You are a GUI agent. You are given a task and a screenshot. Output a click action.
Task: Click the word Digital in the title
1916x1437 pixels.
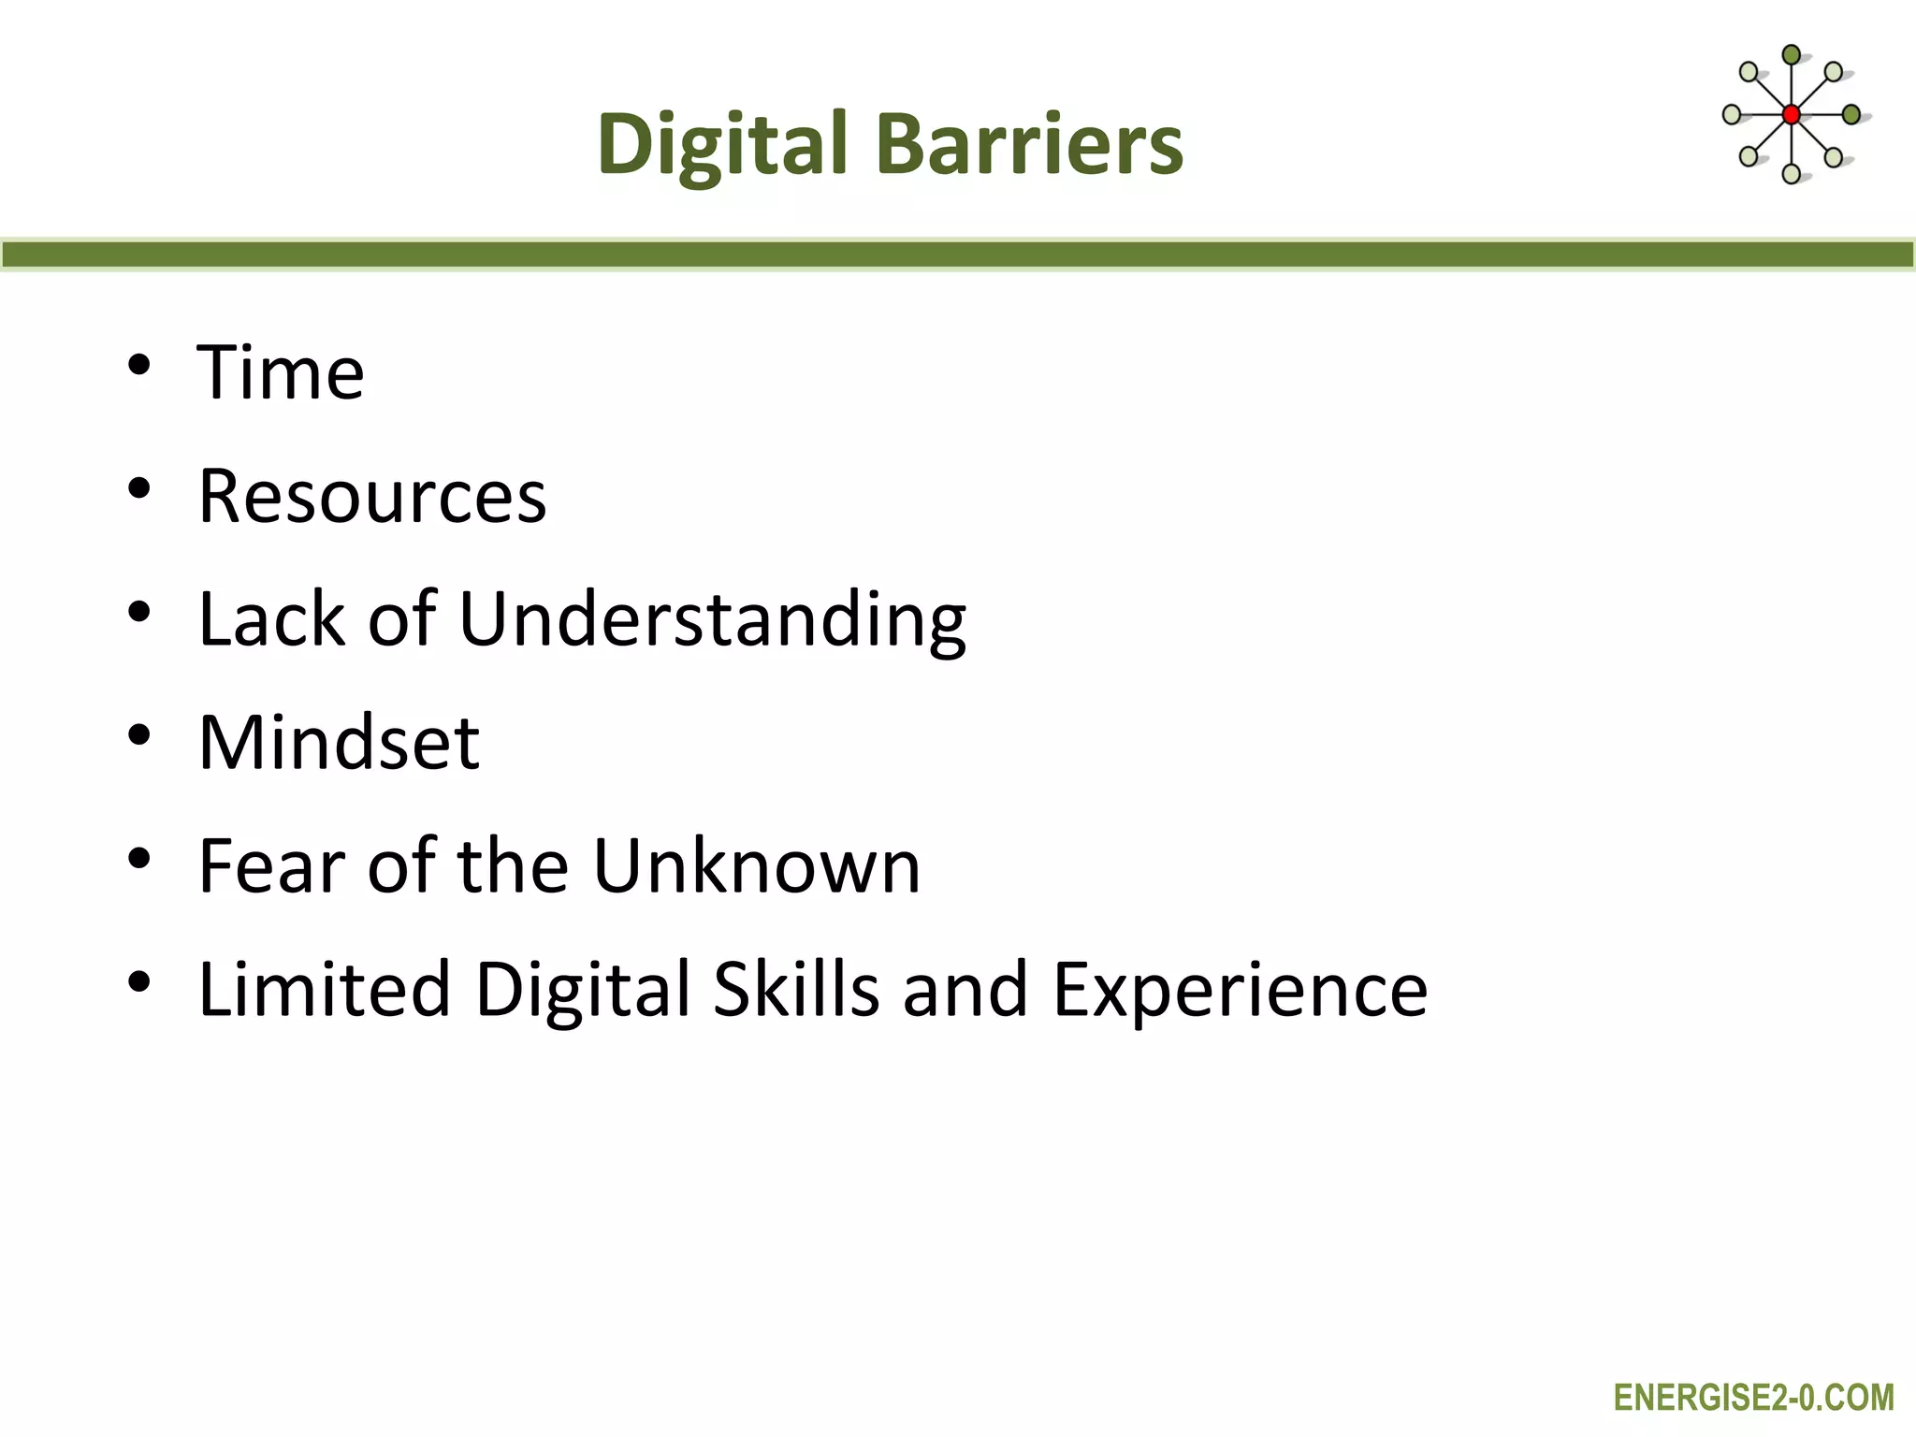(x=721, y=144)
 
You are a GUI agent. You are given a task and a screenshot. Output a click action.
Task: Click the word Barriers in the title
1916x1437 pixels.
(x=1029, y=144)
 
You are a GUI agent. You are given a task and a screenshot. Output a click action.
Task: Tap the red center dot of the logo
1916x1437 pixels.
(x=1791, y=115)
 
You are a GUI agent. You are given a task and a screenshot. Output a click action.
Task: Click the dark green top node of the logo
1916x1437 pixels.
(x=1791, y=54)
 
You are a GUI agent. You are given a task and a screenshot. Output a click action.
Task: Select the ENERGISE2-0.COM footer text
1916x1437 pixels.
(x=1753, y=1398)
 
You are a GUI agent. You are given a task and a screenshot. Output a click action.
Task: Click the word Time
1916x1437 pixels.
(x=281, y=372)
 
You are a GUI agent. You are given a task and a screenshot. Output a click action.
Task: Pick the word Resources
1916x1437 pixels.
(x=372, y=496)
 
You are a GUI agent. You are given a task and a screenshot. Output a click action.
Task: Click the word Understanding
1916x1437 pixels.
(x=712, y=619)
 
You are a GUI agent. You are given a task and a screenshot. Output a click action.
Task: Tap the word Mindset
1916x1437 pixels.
(x=339, y=743)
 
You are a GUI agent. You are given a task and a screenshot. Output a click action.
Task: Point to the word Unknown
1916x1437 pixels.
(x=757, y=866)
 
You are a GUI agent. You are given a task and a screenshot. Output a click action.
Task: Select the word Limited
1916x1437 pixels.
(x=325, y=990)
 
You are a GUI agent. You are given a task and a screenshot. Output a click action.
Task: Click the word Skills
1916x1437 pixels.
(x=796, y=990)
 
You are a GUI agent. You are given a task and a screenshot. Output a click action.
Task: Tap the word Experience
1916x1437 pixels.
(x=1240, y=990)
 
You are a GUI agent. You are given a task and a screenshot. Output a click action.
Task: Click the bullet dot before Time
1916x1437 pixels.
(x=139, y=366)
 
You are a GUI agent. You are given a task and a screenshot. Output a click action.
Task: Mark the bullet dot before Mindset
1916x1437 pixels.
(x=139, y=736)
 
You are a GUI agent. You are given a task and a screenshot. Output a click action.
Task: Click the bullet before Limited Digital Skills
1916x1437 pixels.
(x=139, y=983)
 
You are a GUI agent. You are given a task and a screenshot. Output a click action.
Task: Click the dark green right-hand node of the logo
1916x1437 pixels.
(x=1851, y=115)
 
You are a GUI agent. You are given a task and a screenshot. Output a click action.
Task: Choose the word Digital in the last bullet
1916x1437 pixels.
(x=582, y=990)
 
